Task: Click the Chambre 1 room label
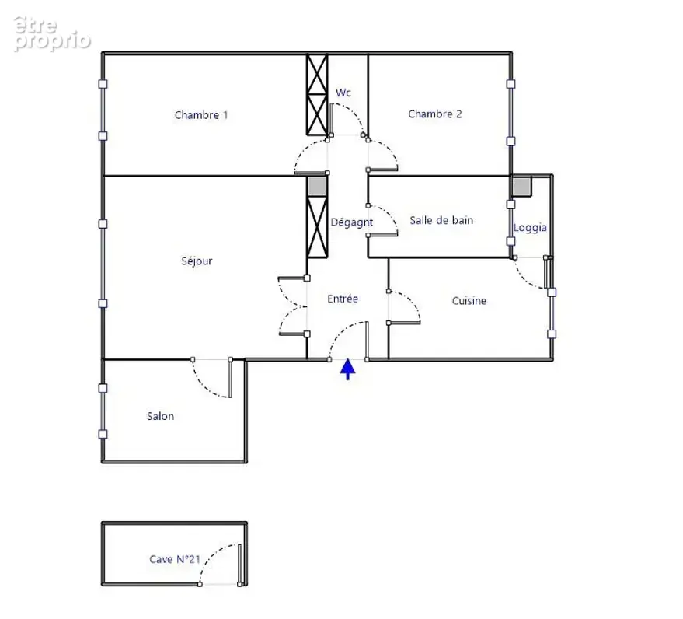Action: pyautogui.click(x=201, y=115)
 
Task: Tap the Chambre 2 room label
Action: pyautogui.click(x=434, y=114)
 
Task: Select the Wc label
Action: pyautogui.click(x=343, y=93)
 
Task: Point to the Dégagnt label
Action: pyautogui.click(x=352, y=222)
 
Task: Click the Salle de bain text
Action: pyautogui.click(x=441, y=220)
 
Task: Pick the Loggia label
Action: pyautogui.click(x=530, y=228)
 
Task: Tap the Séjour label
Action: pyautogui.click(x=197, y=261)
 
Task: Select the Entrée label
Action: pyautogui.click(x=343, y=299)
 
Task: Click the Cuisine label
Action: pyautogui.click(x=469, y=301)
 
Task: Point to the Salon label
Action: pyautogui.click(x=160, y=416)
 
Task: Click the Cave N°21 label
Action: pyautogui.click(x=175, y=559)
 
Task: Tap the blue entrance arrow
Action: pyautogui.click(x=347, y=369)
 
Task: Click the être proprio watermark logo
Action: pyautogui.click(x=51, y=33)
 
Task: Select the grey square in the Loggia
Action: pyautogui.click(x=521, y=186)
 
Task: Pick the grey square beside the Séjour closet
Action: pyautogui.click(x=317, y=186)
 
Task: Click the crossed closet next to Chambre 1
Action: pyautogui.click(x=317, y=94)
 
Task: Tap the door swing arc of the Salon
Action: pyautogui.click(x=204, y=386)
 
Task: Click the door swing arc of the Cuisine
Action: pyautogui.click(x=412, y=301)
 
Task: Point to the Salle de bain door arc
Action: pyautogui.click(x=390, y=214)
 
